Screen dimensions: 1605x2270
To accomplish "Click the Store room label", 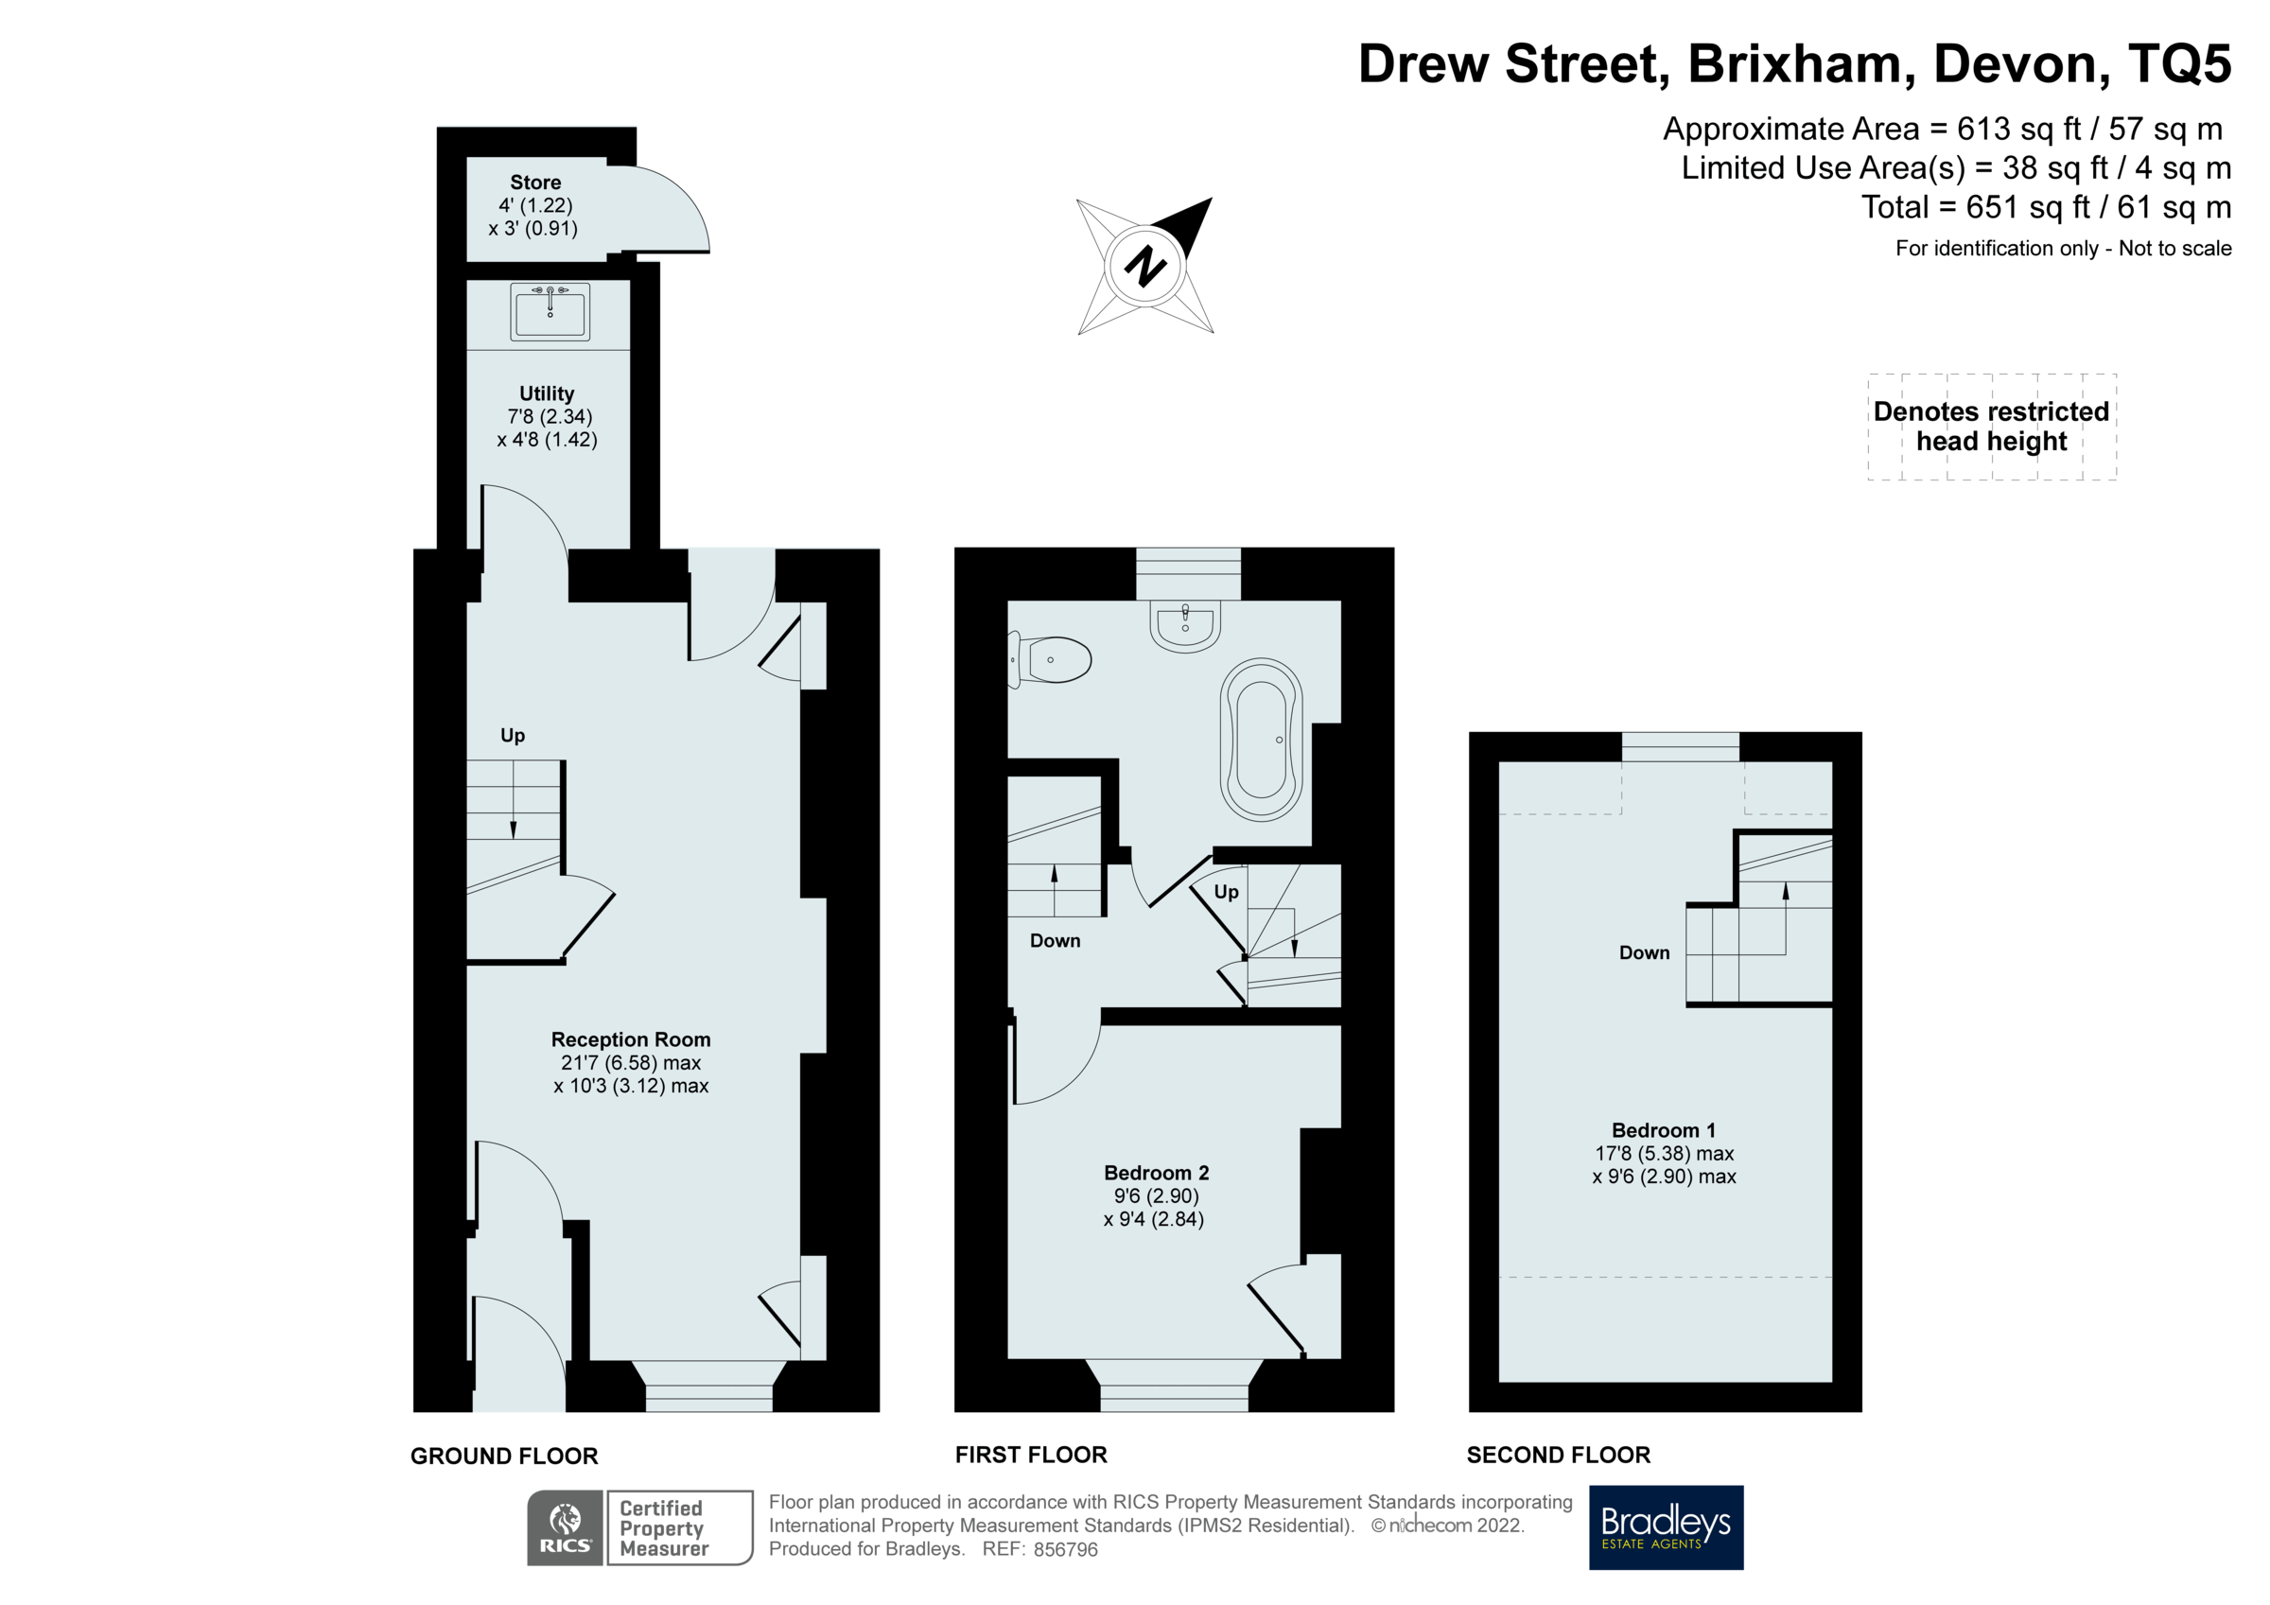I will pos(535,183).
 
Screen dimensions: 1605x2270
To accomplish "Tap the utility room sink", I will pos(550,311).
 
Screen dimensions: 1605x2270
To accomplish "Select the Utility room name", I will pos(546,393).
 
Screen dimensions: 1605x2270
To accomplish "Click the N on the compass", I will pos(1144,266).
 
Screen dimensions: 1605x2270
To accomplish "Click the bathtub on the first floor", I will pos(1261,739).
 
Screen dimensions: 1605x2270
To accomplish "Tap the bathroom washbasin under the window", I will pos(1184,626).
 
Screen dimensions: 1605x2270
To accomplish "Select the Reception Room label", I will pos(630,1039).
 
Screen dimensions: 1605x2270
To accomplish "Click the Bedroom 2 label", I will pos(1156,1173).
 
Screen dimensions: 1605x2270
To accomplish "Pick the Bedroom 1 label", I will pos(1663,1130).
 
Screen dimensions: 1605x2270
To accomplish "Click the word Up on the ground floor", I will pos(512,735).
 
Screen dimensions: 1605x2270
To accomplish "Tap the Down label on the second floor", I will pos(1643,952).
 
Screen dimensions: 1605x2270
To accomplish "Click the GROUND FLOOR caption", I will pos(504,1456).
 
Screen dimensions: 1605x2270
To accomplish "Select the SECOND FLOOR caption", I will pos(1558,1455).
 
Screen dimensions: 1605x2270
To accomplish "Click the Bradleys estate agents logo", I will pos(1665,1526).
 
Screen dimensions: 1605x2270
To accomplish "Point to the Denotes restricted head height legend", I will pos(1990,427).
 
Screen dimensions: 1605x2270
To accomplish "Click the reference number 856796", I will pos(1065,1549).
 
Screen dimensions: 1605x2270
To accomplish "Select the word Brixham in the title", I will pos(1794,64).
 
